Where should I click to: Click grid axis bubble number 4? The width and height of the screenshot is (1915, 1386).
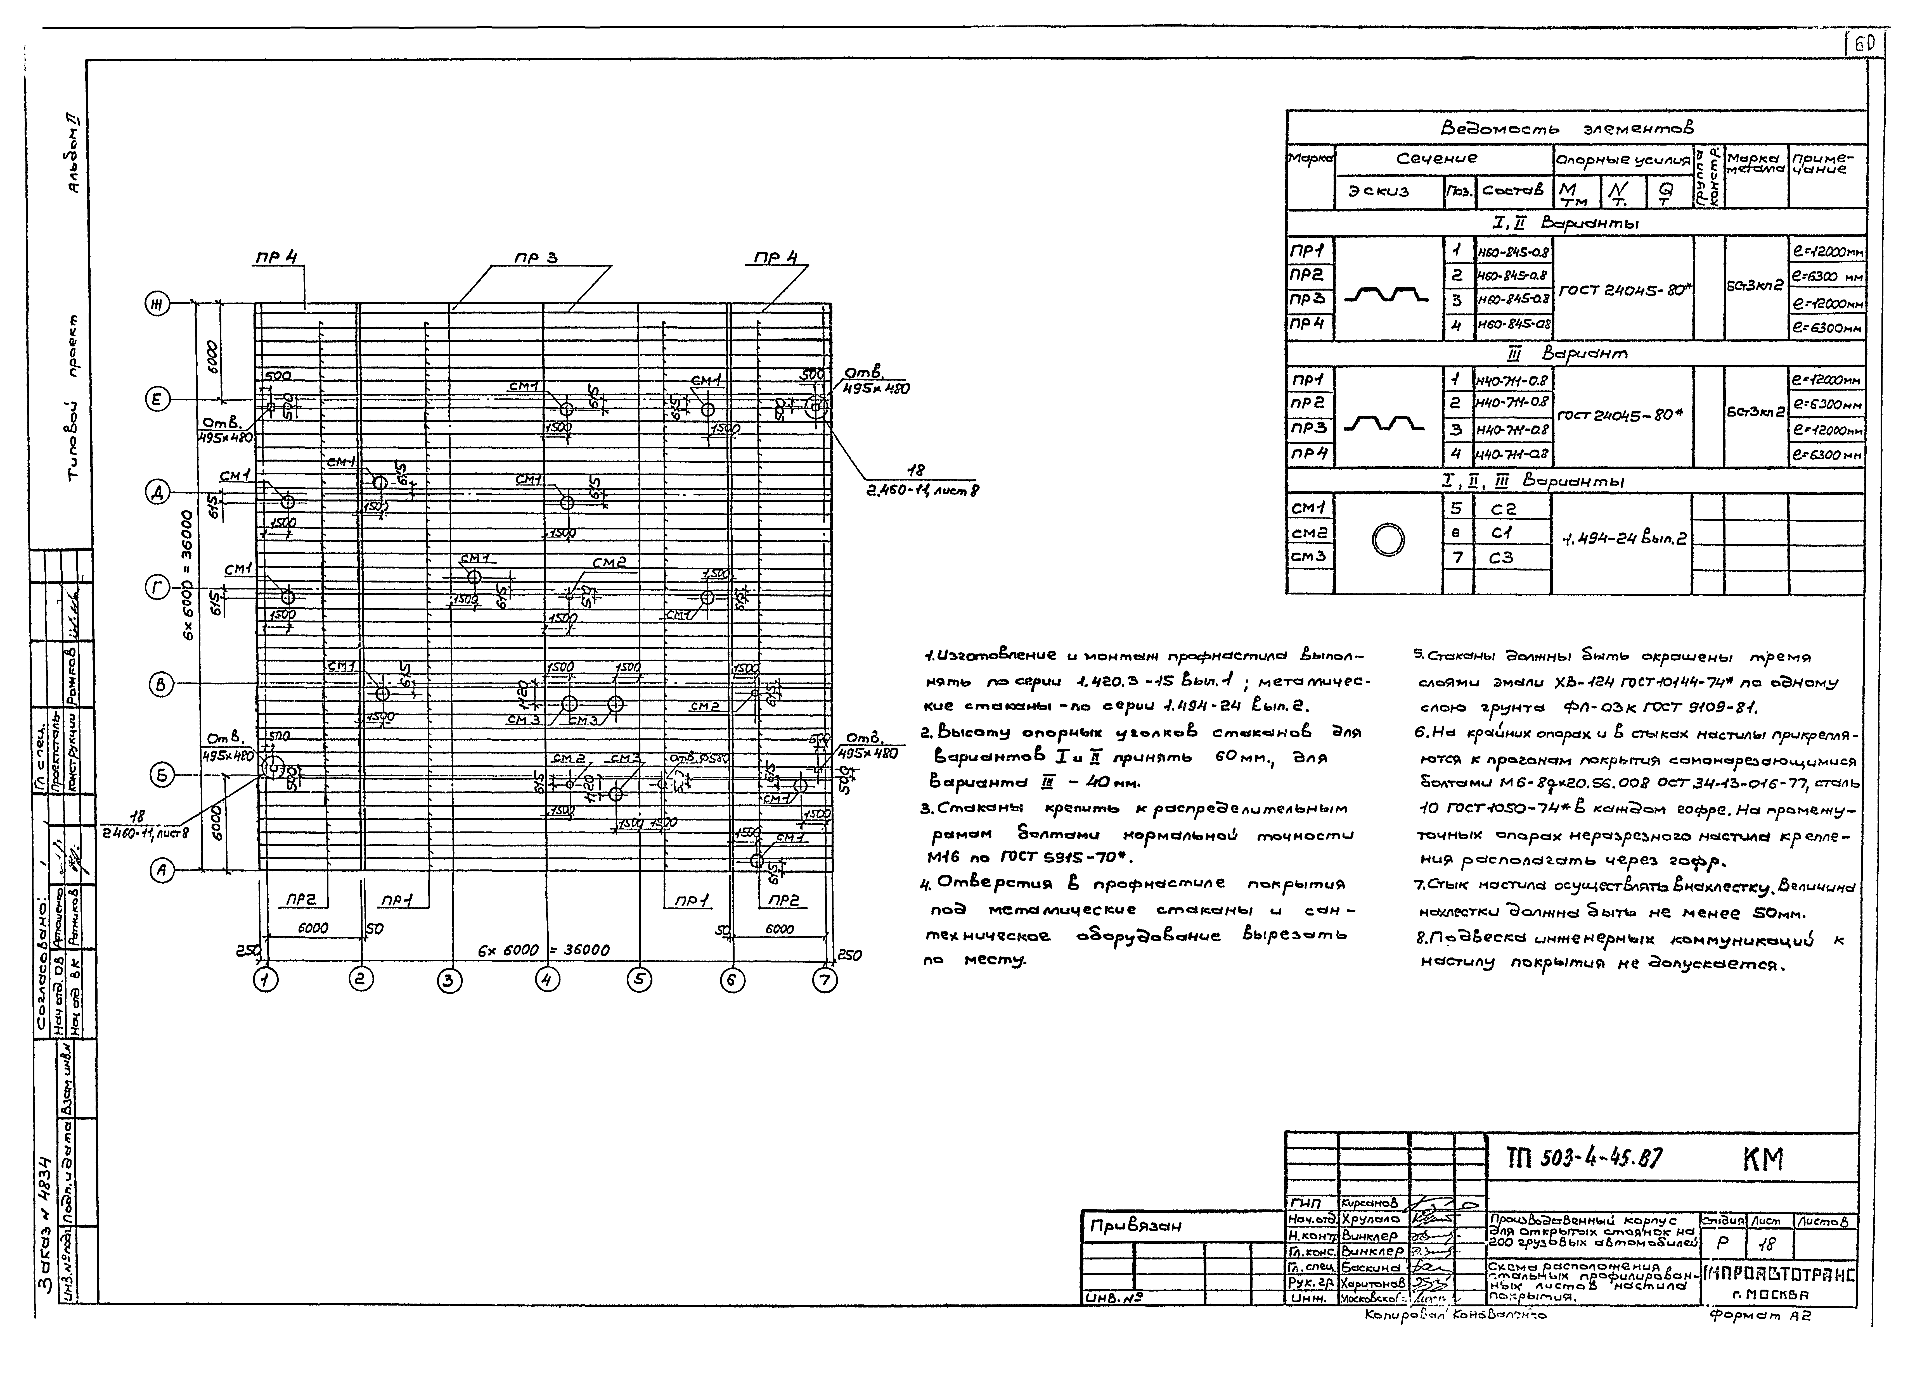547,979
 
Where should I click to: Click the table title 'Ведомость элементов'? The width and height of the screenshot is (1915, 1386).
1566,128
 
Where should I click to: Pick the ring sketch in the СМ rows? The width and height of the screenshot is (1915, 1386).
1388,539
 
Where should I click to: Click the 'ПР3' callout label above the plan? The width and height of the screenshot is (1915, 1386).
536,258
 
